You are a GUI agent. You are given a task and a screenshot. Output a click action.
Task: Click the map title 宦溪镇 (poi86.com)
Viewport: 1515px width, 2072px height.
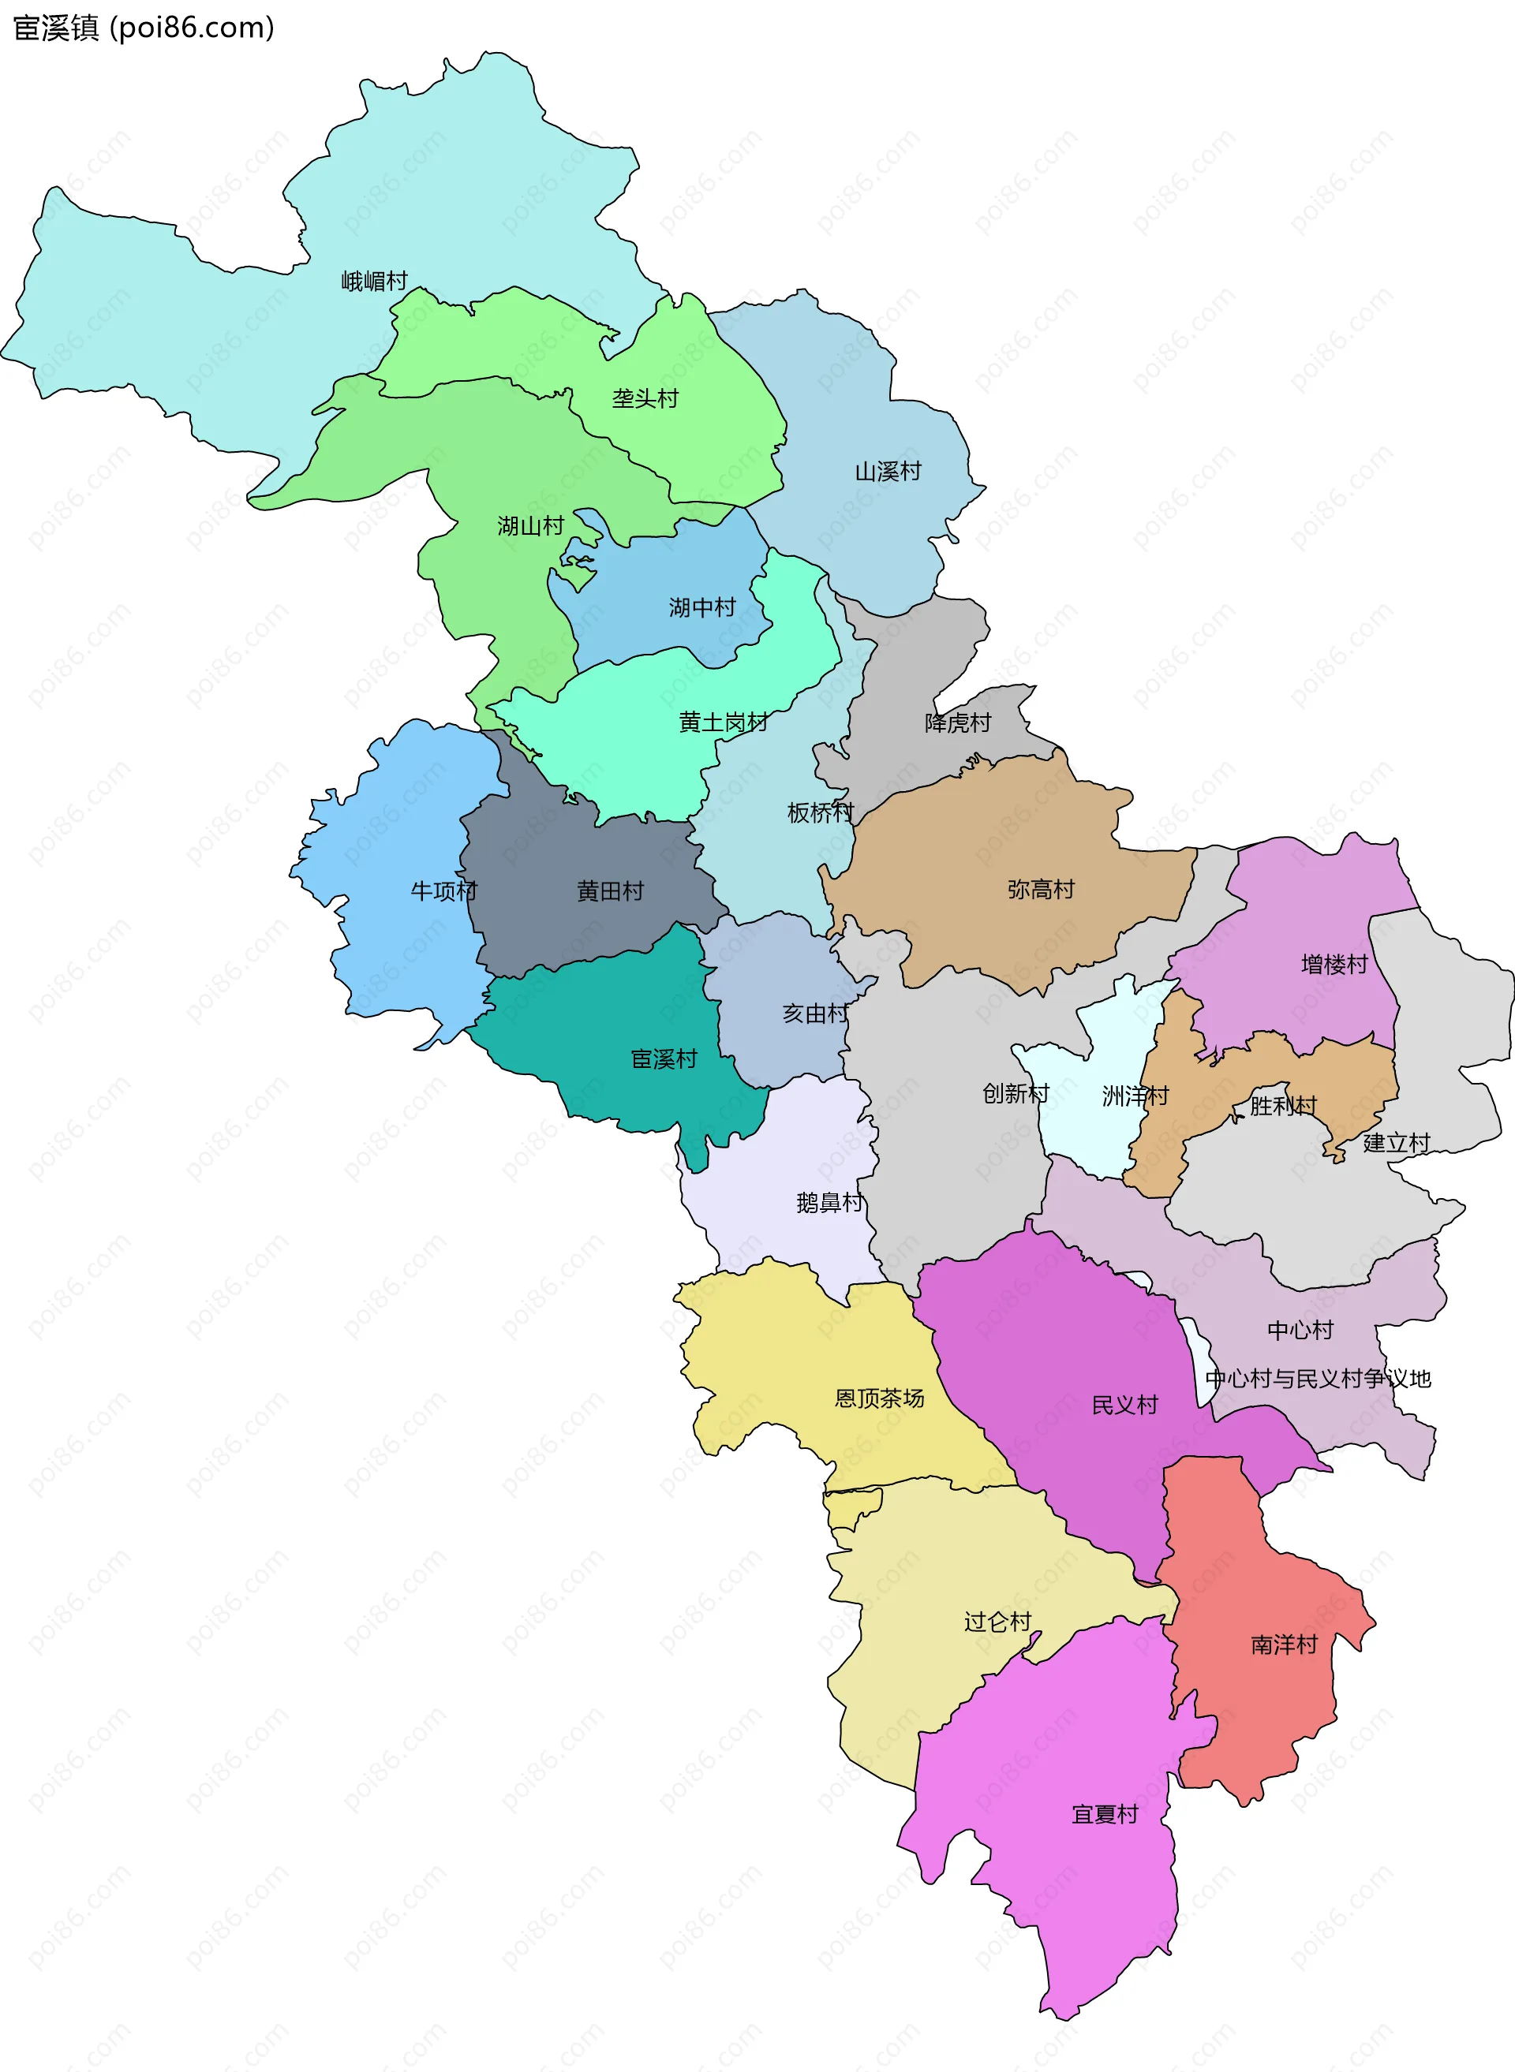point(144,28)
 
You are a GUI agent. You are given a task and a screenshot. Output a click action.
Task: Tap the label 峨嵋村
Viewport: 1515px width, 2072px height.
point(374,281)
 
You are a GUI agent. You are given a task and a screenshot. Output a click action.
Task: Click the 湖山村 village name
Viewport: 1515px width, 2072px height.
point(530,525)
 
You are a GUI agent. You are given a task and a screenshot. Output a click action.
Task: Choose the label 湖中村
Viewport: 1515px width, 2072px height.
point(701,607)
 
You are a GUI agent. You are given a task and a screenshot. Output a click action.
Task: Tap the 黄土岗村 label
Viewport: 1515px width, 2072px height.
point(723,722)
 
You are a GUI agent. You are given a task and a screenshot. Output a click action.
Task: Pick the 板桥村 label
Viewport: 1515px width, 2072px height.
point(820,812)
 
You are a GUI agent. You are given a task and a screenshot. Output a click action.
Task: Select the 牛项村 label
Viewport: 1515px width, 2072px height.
point(444,890)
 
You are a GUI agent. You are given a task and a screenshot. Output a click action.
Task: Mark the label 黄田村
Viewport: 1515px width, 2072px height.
point(610,890)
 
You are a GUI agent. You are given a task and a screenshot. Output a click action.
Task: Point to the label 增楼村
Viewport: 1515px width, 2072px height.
point(1334,964)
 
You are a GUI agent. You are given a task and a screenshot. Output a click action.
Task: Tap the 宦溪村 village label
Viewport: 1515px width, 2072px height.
point(664,1059)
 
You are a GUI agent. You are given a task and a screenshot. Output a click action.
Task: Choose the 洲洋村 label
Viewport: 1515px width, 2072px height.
point(1135,1095)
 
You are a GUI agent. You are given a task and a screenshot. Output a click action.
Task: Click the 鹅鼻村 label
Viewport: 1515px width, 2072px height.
point(829,1202)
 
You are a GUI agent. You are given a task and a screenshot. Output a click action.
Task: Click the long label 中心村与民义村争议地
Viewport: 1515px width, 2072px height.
point(1318,1378)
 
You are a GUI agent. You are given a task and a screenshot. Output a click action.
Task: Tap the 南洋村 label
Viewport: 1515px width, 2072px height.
point(1283,1645)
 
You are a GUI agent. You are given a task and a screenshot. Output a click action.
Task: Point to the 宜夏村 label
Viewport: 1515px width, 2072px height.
point(1104,1814)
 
